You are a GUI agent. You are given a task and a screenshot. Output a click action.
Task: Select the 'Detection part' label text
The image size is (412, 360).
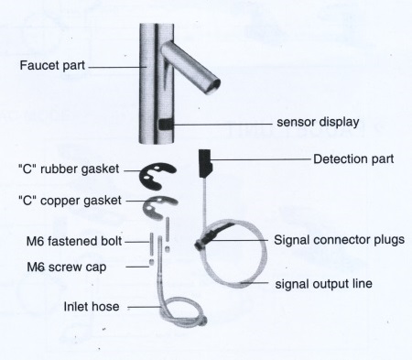coord(353,158)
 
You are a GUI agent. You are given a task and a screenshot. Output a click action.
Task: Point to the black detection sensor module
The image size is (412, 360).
coord(206,163)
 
